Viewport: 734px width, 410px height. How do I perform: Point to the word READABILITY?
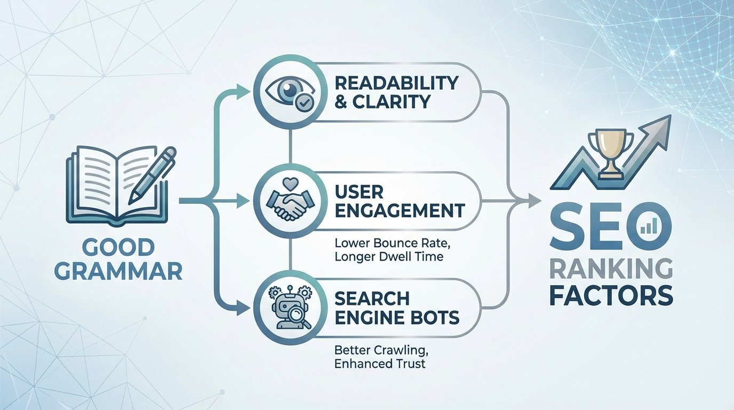click(x=396, y=83)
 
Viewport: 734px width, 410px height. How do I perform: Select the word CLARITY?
click(x=392, y=101)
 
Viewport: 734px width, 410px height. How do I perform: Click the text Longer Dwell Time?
click(x=389, y=257)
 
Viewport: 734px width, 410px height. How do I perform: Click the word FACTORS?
click(x=611, y=295)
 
